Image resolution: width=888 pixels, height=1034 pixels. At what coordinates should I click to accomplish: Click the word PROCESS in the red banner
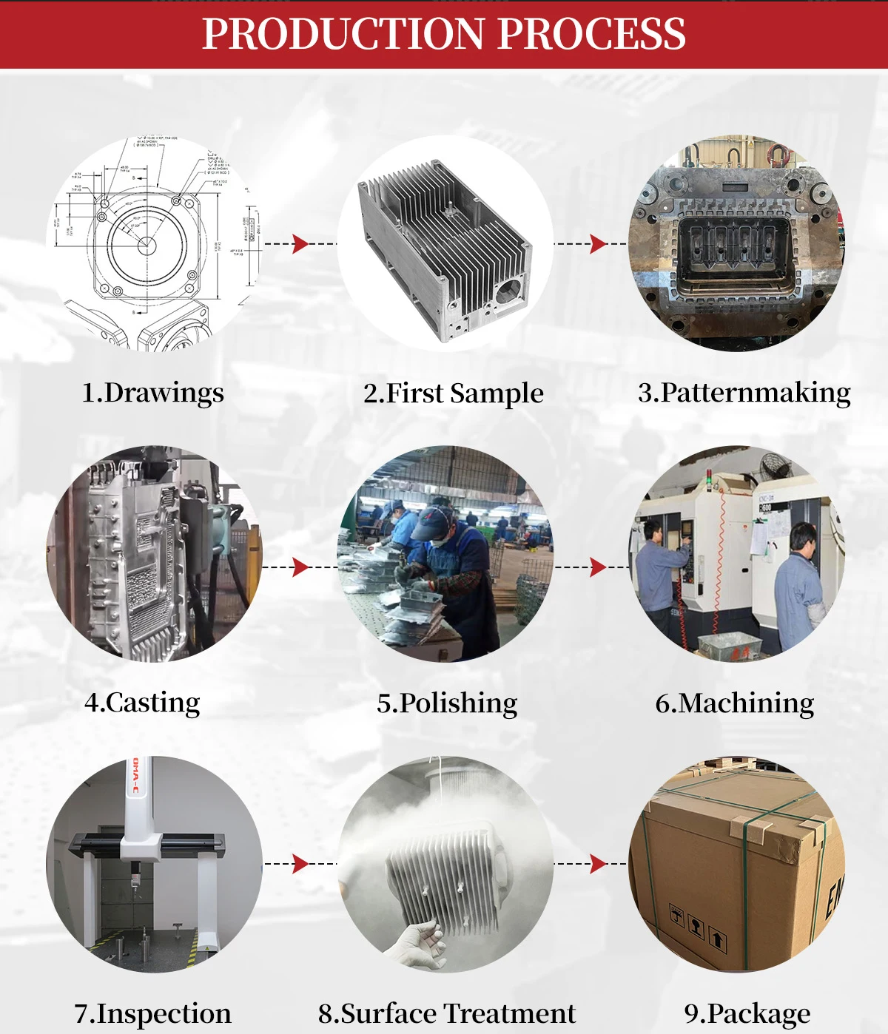[591, 34]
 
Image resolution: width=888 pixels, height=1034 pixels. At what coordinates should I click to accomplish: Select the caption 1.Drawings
[152, 393]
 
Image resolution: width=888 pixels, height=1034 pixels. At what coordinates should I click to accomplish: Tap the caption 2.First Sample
[453, 393]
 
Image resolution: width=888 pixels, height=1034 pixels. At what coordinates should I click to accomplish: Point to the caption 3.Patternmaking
[744, 393]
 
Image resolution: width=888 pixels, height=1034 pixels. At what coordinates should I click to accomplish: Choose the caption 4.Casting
[142, 703]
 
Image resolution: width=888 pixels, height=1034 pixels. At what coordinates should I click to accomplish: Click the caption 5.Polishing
[447, 703]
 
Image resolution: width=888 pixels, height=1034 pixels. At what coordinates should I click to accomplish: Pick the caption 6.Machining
[735, 703]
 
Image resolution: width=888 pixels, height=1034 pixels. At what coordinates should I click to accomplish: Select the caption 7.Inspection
[152, 1013]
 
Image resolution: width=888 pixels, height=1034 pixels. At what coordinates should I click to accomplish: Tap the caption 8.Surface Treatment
[447, 1013]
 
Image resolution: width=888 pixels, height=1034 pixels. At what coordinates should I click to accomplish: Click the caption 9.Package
[747, 1013]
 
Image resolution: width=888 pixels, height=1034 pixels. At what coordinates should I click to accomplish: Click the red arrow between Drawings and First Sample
[300, 243]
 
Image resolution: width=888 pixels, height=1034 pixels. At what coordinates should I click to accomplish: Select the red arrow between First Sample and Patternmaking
[598, 243]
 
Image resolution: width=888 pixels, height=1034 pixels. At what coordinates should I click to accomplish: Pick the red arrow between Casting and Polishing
[300, 567]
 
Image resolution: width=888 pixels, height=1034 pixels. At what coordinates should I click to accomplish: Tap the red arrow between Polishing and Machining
[598, 567]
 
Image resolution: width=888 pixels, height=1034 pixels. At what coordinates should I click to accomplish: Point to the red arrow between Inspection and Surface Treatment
[300, 863]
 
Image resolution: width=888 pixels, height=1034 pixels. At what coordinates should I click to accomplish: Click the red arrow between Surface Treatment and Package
[598, 863]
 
